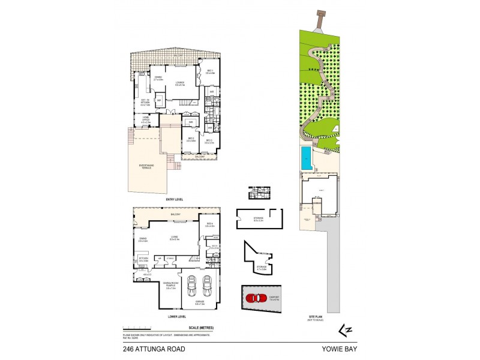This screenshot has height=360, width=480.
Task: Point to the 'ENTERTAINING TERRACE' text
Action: click(146, 166)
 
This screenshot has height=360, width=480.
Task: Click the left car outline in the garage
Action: click(193, 286)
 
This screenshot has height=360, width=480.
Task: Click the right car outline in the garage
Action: click(208, 286)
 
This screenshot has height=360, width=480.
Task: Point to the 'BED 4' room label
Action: click(209, 225)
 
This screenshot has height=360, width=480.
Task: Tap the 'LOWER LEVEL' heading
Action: click(177, 316)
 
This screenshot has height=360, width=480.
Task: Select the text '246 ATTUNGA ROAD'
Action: click(154, 349)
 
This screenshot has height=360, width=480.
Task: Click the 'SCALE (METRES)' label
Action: click(202, 328)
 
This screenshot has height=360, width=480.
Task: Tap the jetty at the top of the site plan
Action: click(320, 20)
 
